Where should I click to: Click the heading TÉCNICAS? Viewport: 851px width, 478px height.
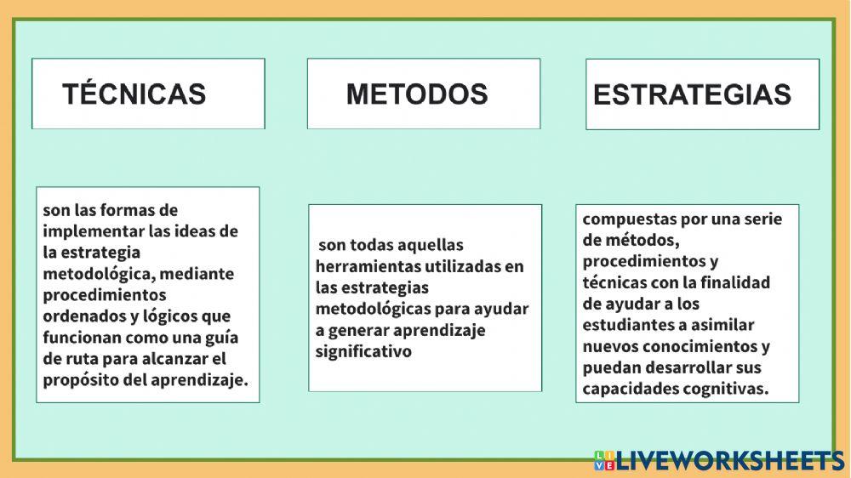pos(134,94)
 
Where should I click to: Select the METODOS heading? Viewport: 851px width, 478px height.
pos(417,94)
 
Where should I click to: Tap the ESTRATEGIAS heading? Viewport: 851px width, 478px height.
pos(692,94)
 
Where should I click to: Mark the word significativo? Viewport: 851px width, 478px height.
pos(363,351)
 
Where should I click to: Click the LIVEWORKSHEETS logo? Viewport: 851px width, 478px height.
pos(719,460)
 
